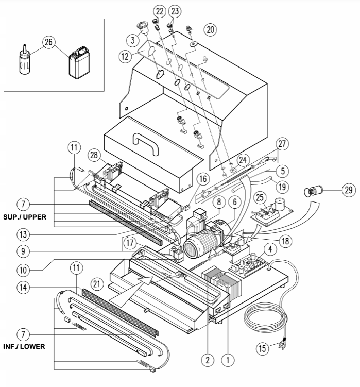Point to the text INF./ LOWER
[25, 346]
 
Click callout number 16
[202, 179]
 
